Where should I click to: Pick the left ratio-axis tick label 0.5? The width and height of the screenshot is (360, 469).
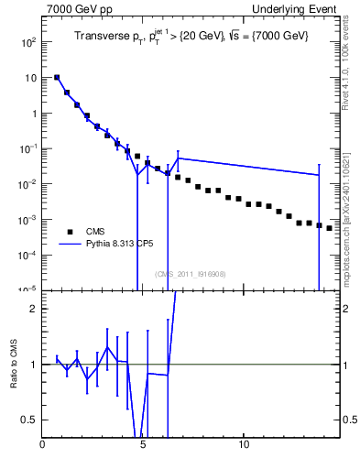[x=28, y=420]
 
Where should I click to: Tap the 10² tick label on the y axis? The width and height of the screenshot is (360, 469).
[x=27, y=42]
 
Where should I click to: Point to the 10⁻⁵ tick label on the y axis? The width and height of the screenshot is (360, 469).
[x=27, y=289]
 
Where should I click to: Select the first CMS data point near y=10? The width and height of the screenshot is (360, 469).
[x=57, y=78]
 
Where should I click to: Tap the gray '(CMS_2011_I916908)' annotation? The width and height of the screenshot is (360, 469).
[x=190, y=274]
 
